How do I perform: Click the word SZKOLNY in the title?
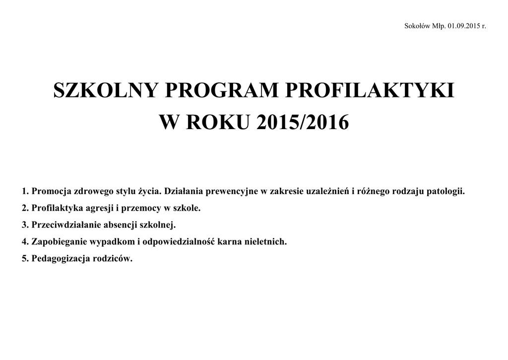(105, 91)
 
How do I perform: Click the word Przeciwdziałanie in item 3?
(66, 225)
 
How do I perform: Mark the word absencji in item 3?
(121, 225)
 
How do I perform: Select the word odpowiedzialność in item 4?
(177, 242)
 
